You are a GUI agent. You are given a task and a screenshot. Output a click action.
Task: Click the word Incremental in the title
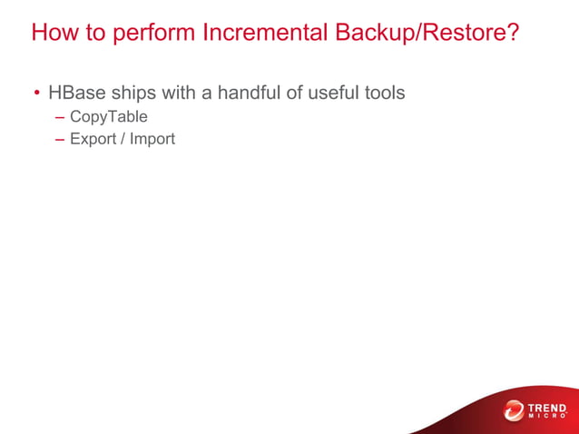point(265,34)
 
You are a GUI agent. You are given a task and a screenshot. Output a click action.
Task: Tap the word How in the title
point(54,34)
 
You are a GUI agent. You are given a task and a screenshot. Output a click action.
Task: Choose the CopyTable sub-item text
point(108,117)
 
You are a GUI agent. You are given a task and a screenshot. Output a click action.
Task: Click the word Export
point(92,140)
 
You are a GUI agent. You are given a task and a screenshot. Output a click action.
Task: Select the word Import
point(152,140)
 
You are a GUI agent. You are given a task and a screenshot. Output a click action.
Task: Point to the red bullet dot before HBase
point(37,94)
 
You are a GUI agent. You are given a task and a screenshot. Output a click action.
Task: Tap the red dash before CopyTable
point(60,118)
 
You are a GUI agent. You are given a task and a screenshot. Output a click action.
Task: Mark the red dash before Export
point(60,141)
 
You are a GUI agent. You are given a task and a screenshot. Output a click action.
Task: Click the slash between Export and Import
point(122,140)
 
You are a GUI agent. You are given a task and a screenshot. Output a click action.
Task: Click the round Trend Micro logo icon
point(514,411)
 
